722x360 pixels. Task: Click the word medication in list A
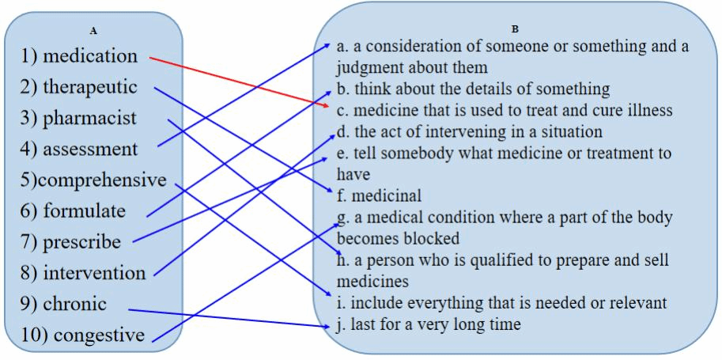(x=89, y=56)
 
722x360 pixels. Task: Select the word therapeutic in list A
(x=89, y=87)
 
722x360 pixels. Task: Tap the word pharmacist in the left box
(x=89, y=118)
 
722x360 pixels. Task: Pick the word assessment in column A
(x=90, y=149)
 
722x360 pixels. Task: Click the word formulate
(x=84, y=211)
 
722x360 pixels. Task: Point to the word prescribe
(x=81, y=242)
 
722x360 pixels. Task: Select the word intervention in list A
(x=94, y=273)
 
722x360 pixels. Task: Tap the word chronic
(x=74, y=304)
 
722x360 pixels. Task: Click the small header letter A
(x=93, y=31)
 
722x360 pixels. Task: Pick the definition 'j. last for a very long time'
(x=428, y=324)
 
